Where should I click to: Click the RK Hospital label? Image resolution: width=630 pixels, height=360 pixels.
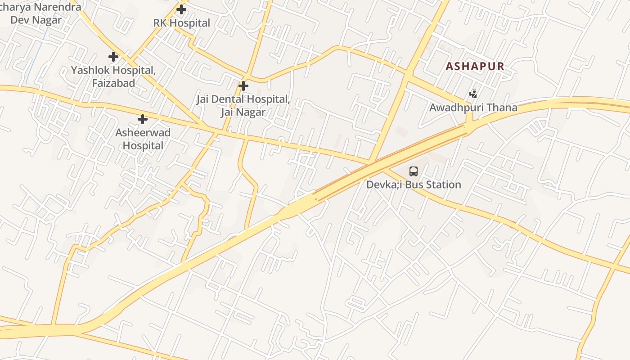[182, 23]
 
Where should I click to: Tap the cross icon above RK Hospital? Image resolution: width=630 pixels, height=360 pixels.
[181, 9]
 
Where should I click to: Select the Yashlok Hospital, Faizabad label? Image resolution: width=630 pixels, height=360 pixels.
[113, 76]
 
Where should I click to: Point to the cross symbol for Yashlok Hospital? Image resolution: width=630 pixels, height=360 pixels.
[113, 57]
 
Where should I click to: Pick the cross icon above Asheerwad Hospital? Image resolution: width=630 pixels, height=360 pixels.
[143, 119]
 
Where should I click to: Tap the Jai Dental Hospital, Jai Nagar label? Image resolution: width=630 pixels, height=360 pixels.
[243, 105]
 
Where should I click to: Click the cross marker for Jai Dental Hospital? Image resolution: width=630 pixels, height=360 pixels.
[243, 85]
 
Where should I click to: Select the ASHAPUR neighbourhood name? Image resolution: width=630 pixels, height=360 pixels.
[475, 67]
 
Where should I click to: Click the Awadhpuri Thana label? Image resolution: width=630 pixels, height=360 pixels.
[473, 108]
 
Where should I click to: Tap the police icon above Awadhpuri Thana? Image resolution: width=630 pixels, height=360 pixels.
[473, 94]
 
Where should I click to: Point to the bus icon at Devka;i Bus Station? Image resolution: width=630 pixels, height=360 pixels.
[414, 171]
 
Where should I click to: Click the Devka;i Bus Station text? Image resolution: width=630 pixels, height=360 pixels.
[414, 184]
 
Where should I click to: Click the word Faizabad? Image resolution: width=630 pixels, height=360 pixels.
[113, 83]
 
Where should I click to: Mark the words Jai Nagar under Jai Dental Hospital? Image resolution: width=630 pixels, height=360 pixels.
[243, 112]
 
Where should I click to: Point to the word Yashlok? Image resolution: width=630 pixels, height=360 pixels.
[90, 70]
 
